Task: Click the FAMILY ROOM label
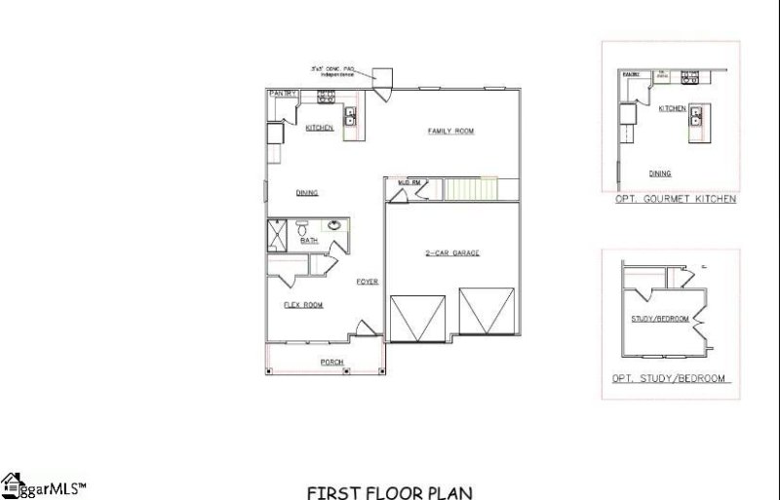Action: point(451,131)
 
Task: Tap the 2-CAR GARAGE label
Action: point(450,253)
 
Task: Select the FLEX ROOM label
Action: point(303,305)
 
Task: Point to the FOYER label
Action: point(367,281)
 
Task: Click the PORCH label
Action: point(332,363)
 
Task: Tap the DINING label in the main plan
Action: point(307,193)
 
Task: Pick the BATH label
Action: point(309,241)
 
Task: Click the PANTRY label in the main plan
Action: point(283,93)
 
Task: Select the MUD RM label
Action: point(409,182)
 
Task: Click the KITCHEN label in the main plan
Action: point(320,128)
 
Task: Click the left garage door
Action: point(417,317)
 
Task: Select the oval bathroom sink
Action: point(334,226)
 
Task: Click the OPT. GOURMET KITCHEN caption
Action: point(675,199)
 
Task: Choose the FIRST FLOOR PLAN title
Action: point(390,492)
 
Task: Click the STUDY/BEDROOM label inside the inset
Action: point(660,319)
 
